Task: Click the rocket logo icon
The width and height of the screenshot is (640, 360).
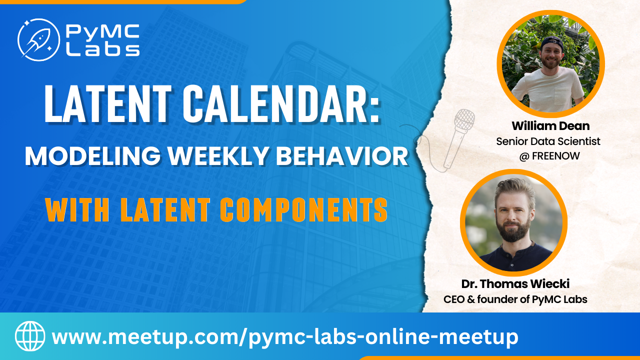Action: (38, 39)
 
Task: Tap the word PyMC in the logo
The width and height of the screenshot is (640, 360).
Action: (103, 32)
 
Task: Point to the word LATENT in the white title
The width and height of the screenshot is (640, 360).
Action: (107, 103)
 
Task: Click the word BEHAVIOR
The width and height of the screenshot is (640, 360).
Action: (342, 156)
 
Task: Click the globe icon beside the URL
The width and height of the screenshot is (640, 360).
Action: (30, 336)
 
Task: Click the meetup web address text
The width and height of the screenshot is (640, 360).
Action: (285, 337)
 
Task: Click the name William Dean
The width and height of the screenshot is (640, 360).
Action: (550, 125)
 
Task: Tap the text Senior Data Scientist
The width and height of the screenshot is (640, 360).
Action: (548, 141)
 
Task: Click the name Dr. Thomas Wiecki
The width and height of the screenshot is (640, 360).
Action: (515, 283)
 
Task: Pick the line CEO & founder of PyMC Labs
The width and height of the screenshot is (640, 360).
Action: (515, 299)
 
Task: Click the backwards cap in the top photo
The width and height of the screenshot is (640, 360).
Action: (552, 42)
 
